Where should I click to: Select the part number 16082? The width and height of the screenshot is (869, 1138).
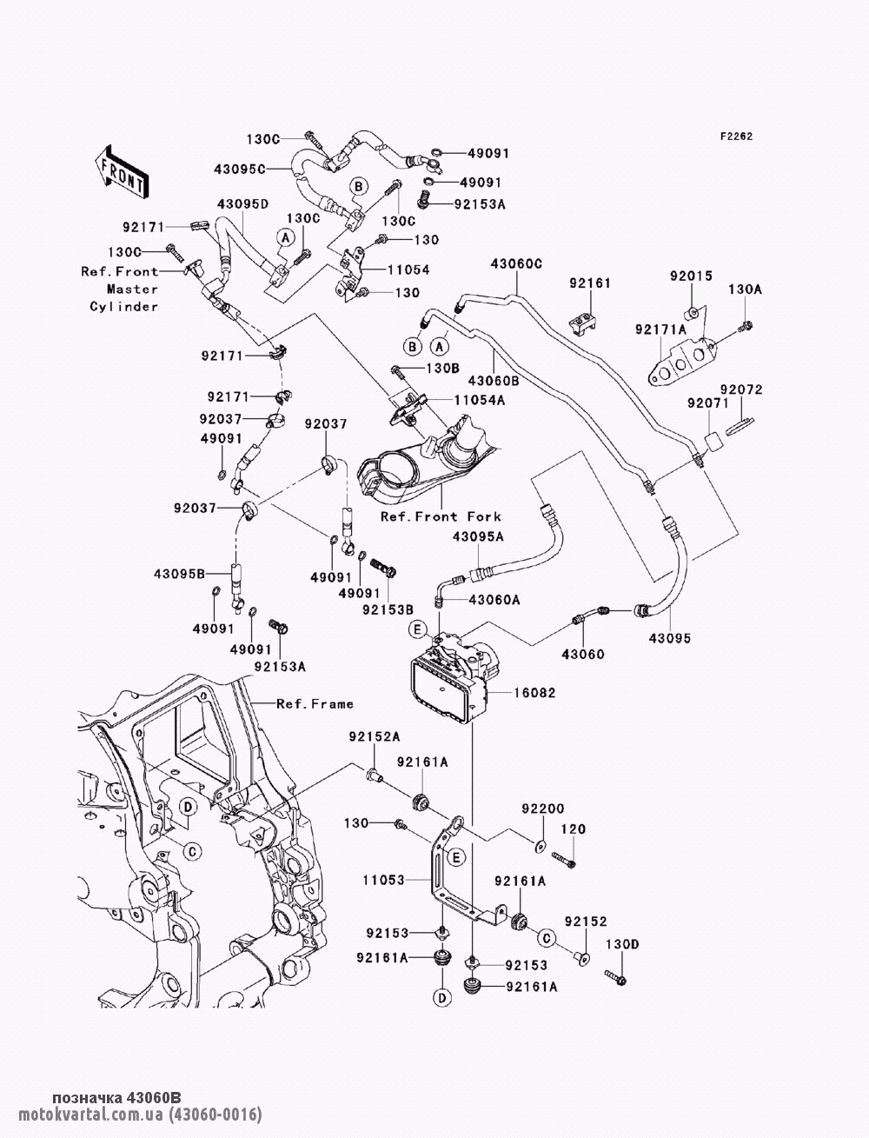click(x=534, y=693)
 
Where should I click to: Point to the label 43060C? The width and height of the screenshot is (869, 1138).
click(x=516, y=264)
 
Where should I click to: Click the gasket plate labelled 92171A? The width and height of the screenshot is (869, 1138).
click(x=683, y=360)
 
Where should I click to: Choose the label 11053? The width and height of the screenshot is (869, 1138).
click(x=383, y=880)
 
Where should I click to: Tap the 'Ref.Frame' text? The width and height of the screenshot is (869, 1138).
click(x=315, y=703)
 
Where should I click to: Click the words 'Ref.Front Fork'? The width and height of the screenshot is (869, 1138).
click(x=441, y=516)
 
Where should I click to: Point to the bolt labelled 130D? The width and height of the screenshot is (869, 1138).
click(x=615, y=978)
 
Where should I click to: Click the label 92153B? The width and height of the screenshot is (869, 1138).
click(x=388, y=609)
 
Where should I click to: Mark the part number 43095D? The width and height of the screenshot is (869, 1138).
click(x=242, y=203)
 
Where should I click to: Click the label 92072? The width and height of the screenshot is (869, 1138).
click(x=741, y=389)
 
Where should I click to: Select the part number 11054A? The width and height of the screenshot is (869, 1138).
click(x=480, y=400)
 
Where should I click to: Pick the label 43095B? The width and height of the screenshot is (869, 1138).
click(x=179, y=574)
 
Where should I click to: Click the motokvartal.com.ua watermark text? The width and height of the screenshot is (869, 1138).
click(x=140, y=1115)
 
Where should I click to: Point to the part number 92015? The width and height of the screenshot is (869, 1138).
click(x=691, y=276)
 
